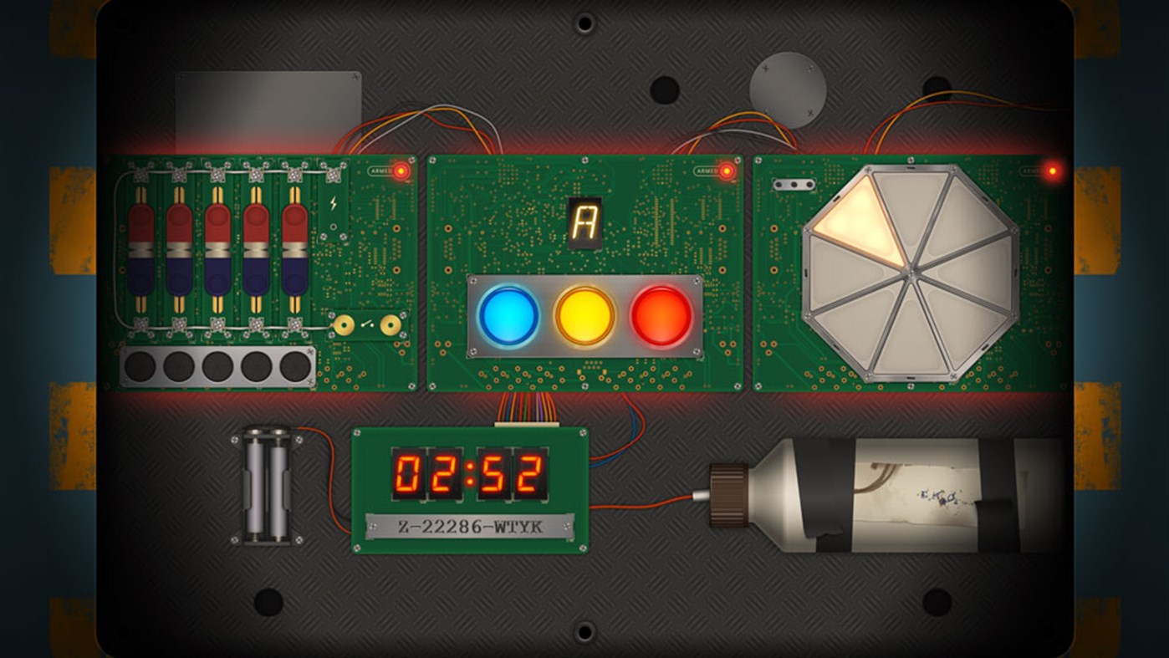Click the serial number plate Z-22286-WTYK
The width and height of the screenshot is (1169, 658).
[x=469, y=527]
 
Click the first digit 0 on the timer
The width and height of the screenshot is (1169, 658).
[x=408, y=474]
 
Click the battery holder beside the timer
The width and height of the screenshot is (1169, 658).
[x=267, y=484]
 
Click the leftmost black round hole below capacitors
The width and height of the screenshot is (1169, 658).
[x=140, y=366]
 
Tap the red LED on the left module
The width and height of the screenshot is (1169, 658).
[x=401, y=171]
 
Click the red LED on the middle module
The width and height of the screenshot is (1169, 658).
[x=727, y=171]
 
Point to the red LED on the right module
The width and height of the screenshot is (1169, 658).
[x=1052, y=171]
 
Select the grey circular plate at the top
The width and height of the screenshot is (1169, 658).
[x=788, y=90]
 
